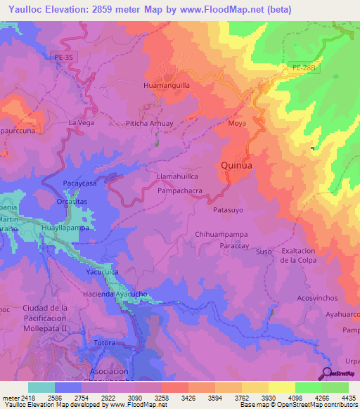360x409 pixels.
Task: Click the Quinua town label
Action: (x=236, y=165)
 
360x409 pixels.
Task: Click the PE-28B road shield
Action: (x=301, y=67)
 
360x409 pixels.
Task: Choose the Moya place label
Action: (x=237, y=123)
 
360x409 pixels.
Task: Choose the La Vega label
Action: (x=81, y=123)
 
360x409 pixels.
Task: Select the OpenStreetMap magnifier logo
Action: (x=327, y=373)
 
